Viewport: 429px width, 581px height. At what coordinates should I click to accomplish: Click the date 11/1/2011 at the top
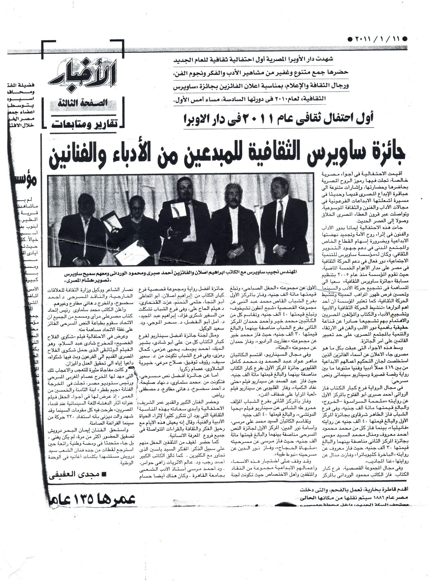tap(377, 39)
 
